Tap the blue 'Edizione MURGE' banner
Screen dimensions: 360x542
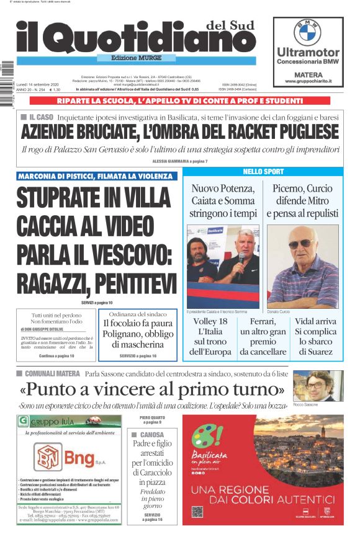tap(175, 60)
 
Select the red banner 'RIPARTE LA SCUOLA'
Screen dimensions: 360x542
tap(180, 100)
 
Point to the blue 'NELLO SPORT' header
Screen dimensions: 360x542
tap(263, 171)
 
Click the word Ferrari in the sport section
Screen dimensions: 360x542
tap(263, 322)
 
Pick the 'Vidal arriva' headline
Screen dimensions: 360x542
tap(315, 322)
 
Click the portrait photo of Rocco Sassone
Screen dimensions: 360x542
tap(317, 386)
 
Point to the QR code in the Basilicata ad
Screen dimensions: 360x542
tap(197, 512)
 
